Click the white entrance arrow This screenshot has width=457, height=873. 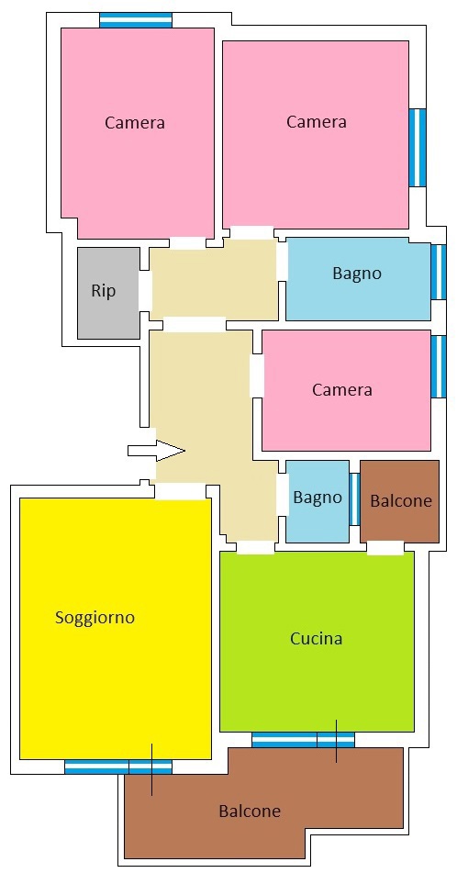[156, 451]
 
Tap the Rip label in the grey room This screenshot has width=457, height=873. [104, 291]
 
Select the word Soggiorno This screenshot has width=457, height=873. [95, 618]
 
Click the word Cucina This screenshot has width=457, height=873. [317, 638]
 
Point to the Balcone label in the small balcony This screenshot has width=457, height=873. [401, 500]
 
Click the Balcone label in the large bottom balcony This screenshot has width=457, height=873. [250, 811]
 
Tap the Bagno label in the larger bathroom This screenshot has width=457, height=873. [357, 274]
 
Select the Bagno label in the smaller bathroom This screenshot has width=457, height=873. [318, 498]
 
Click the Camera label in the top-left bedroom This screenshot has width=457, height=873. [135, 122]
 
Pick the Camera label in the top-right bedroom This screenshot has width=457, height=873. [317, 122]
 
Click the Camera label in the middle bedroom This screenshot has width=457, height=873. [341, 389]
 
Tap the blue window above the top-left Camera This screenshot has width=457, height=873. [136, 20]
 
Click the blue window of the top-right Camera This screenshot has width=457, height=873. [418, 148]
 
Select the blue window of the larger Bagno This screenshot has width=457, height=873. [439, 272]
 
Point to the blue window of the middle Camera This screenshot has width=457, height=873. [439, 366]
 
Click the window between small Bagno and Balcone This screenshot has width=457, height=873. [354, 498]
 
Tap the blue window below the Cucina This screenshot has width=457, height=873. [304, 740]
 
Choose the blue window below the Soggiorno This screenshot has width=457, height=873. [118, 767]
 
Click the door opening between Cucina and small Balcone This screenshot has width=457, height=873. [385, 548]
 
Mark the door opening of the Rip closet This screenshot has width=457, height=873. [145, 291]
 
